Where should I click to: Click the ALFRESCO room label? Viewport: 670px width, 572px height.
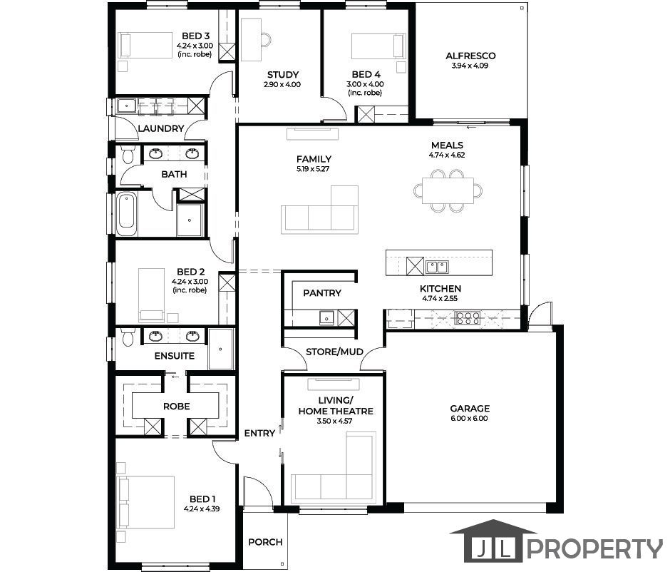(470, 56)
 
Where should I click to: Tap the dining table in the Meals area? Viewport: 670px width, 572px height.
(448, 190)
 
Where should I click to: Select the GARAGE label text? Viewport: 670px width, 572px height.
(470, 408)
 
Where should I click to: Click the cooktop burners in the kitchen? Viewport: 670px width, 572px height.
(467, 318)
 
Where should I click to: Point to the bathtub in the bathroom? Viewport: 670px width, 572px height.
(128, 214)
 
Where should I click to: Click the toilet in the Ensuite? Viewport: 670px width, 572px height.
(128, 337)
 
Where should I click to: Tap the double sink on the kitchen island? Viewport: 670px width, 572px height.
(436, 267)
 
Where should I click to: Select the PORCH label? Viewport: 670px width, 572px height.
(265, 542)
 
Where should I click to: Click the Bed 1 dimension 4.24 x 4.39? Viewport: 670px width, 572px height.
(202, 509)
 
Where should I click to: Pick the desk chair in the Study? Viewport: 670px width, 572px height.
(266, 40)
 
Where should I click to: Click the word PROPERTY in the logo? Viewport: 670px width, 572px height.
(595, 549)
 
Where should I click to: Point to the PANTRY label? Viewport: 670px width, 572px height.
(322, 293)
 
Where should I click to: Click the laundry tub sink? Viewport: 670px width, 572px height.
(126, 106)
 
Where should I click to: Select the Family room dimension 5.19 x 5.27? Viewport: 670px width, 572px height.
(313, 169)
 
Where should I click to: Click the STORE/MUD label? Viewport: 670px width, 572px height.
(334, 352)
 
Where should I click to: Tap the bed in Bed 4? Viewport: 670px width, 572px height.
(378, 46)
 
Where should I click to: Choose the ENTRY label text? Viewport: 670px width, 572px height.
(259, 434)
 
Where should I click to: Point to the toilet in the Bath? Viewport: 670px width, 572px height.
(128, 154)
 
